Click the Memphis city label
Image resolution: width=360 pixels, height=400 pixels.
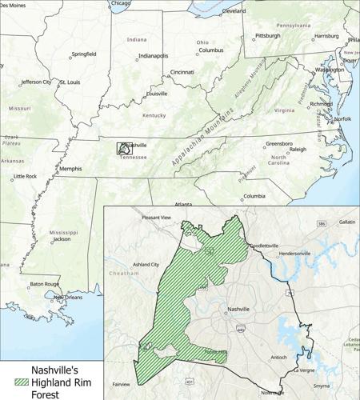point(70,169)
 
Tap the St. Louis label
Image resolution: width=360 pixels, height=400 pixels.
point(69,82)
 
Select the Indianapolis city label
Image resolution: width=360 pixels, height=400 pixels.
point(153,56)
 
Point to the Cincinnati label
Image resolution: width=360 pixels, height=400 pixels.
point(182,73)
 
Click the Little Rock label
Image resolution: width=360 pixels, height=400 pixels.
point(25,176)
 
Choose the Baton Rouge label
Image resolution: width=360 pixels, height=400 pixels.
point(45,284)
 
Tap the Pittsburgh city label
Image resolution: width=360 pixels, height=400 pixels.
point(267,36)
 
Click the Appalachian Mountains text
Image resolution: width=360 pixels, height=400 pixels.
point(201,140)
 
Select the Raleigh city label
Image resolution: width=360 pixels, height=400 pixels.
point(298,150)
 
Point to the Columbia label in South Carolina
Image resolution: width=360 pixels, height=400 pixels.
point(254,196)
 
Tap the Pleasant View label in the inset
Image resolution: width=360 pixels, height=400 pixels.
point(156,218)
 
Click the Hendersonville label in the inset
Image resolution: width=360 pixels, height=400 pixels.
point(294,254)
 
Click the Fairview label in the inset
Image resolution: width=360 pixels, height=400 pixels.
point(121,384)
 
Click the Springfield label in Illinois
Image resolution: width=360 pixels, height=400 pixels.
point(83,54)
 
